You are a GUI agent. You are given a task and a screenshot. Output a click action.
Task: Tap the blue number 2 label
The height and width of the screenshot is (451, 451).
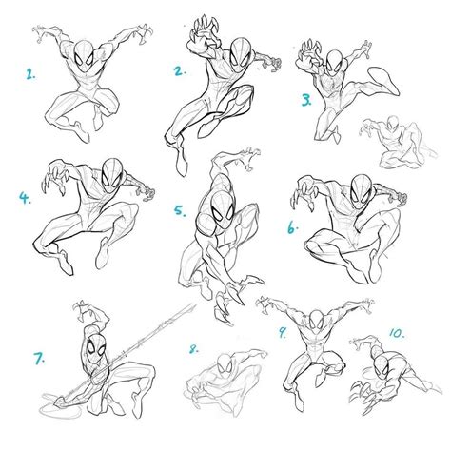(178, 69)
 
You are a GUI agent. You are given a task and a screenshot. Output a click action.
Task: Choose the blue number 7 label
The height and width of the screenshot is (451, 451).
(40, 359)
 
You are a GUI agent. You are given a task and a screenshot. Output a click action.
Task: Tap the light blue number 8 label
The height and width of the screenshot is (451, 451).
(193, 348)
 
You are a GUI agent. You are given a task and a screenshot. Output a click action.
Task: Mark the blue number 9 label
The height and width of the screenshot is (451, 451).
(283, 333)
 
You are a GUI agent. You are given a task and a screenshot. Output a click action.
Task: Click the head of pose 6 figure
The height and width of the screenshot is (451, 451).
(361, 186)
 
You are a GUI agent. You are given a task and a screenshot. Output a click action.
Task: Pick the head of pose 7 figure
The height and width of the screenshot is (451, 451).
(93, 347)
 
